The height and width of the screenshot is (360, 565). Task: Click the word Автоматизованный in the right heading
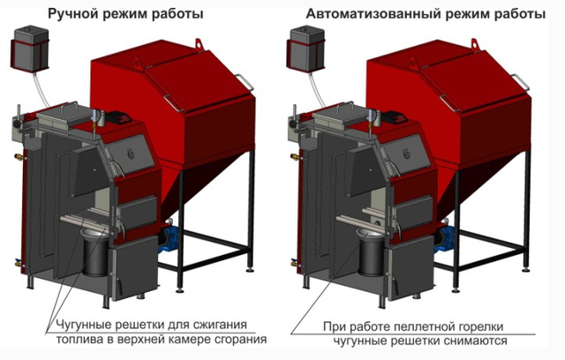371,14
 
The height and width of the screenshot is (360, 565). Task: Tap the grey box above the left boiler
30,49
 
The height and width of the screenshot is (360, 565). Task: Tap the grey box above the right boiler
305,49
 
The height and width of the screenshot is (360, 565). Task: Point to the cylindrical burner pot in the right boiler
370,252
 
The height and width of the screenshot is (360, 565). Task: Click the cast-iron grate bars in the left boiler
86,217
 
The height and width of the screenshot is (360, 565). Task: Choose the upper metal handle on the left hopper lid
245,82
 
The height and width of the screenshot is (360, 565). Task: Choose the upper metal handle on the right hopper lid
521,82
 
